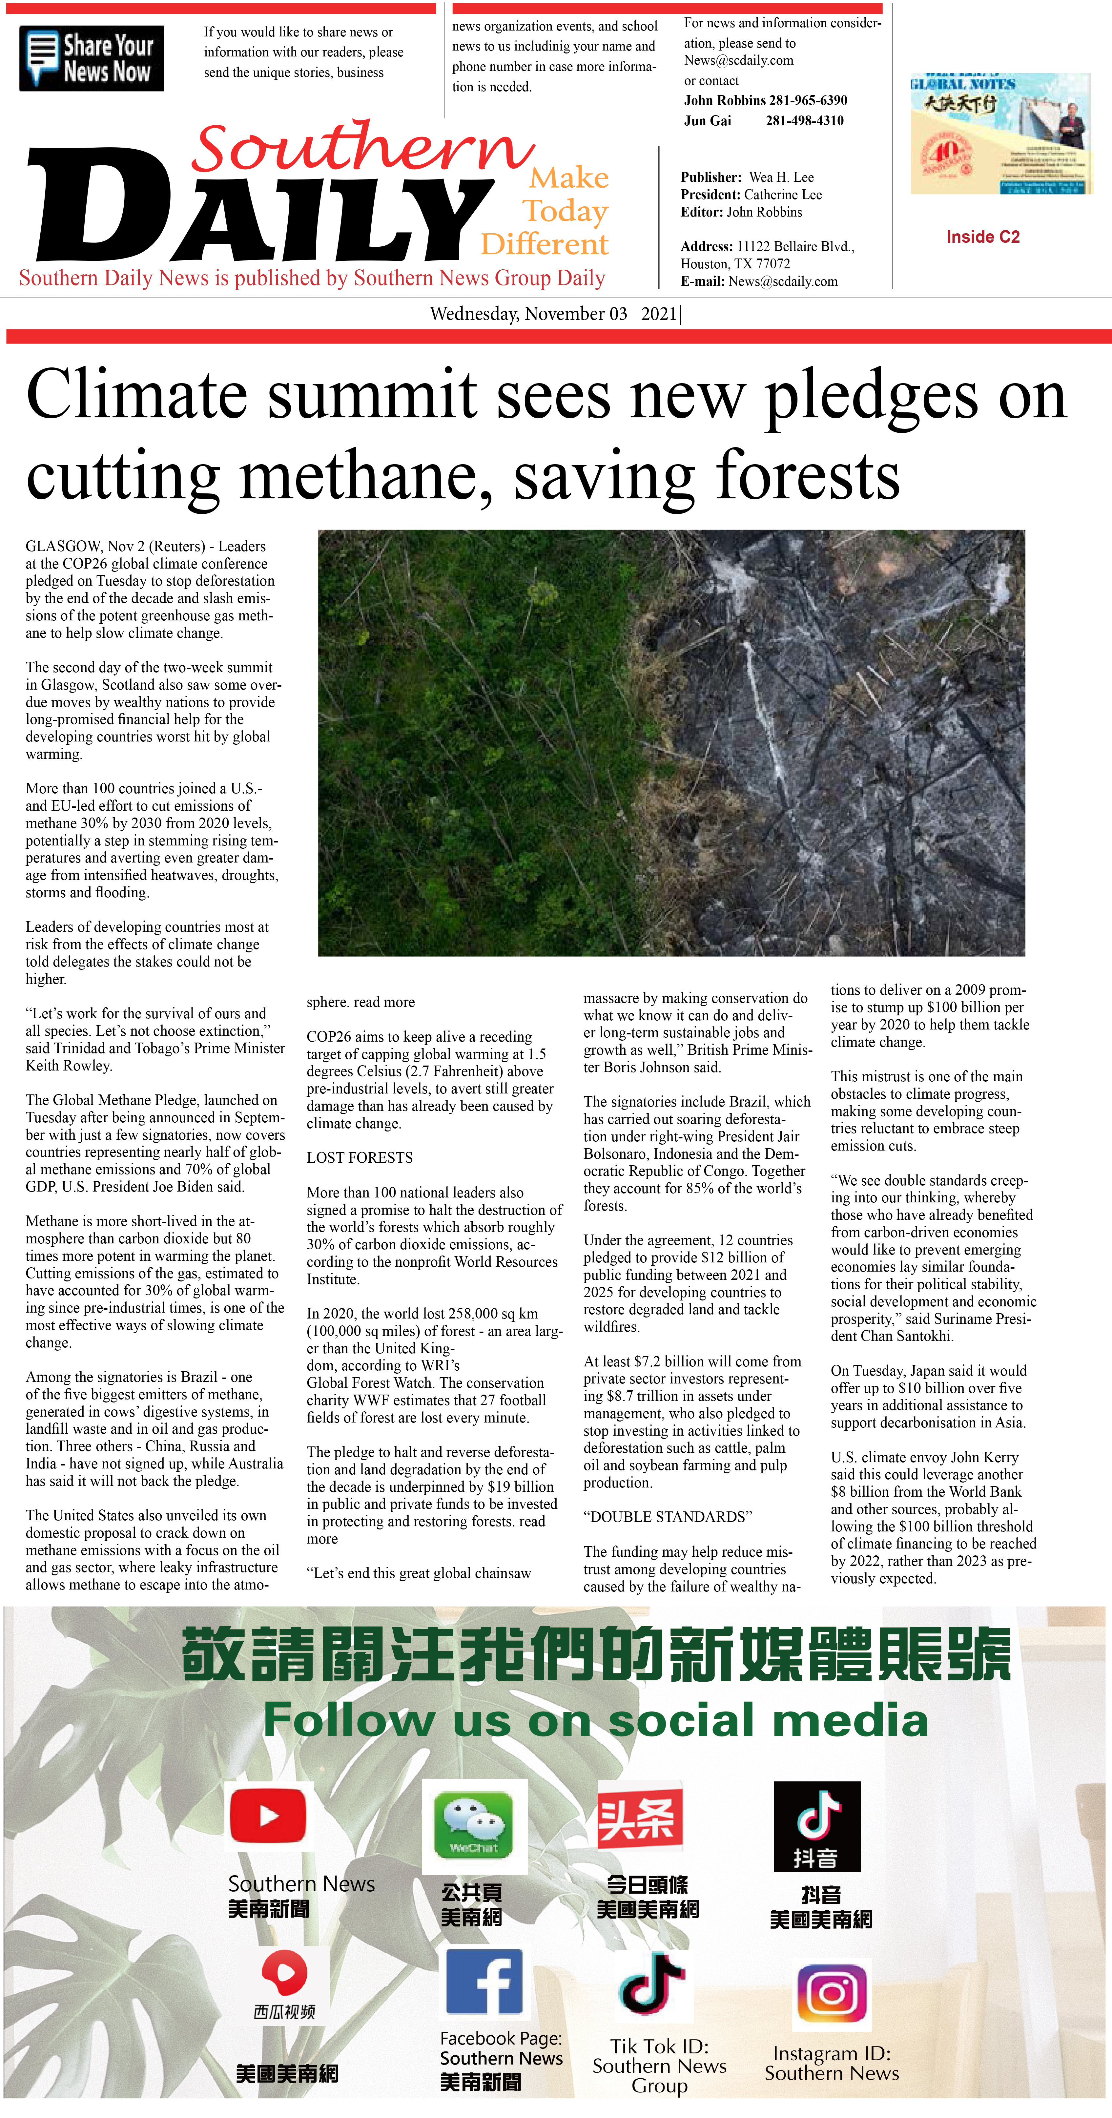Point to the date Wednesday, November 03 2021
pyautogui.click(x=555, y=314)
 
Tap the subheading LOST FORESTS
pyautogui.click(x=359, y=1158)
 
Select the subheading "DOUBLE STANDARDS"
pyautogui.click(x=668, y=1517)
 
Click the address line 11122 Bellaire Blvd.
pyautogui.click(x=795, y=247)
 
